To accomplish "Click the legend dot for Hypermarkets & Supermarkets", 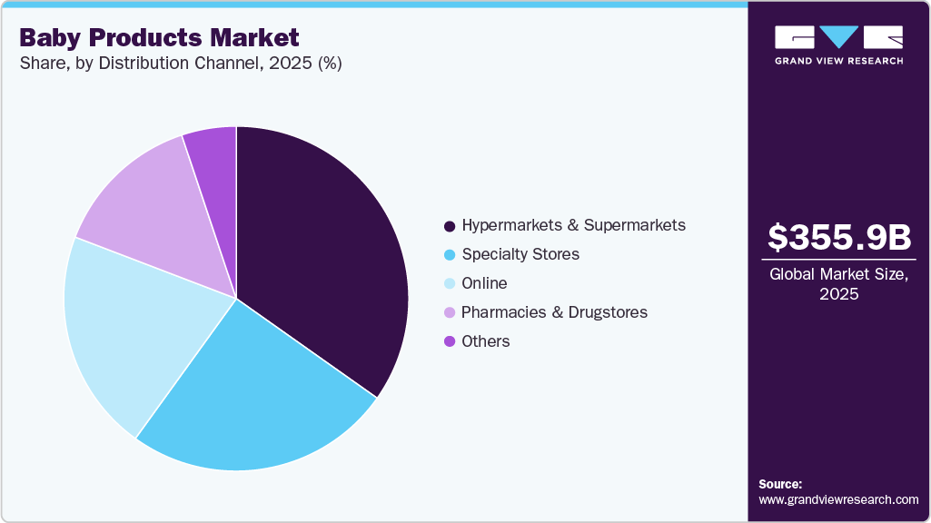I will [449, 225].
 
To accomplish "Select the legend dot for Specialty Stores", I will [449, 254].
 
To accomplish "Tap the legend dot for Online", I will [449, 283].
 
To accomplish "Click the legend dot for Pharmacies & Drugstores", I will [449, 312].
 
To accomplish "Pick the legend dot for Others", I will [449, 341].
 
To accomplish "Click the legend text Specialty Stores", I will [520, 254].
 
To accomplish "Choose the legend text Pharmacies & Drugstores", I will [554, 312].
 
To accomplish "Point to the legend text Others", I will [485, 341].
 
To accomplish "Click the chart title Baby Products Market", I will [159, 37].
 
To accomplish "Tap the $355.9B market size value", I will [838, 237].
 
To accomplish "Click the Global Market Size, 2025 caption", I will [838, 284].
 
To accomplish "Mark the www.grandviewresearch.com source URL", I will [838, 499].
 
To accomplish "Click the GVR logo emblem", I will [838, 37].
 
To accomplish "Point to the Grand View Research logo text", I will [838, 61].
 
